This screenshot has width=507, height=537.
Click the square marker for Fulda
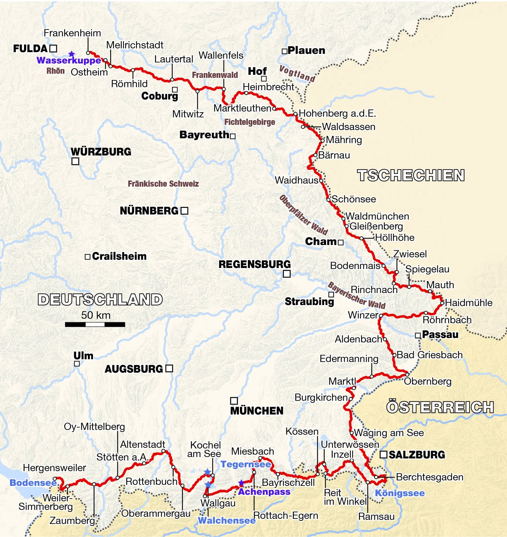pyautogui.click(x=53, y=48)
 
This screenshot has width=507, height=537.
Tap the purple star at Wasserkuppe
pyautogui.click(x=71, y=54)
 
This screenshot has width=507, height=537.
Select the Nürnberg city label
pyautogui.click(x=149, y=211)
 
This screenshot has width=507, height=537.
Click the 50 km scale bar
pyautogui.click(x=95, y=324)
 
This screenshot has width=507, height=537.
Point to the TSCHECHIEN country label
pyautogui.click(x=411, y=175)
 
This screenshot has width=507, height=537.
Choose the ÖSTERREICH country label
pyautogui.click(x=440, y=407)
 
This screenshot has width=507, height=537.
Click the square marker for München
pyautogui.click(x=234, y=401)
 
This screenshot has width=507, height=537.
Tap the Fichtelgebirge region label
pyautogui.click(x=250, y=122)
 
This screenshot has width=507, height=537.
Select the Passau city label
pyautogui.click(x=440, y=335)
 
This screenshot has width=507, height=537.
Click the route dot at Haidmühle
pyautogui.click(x=442, y=303)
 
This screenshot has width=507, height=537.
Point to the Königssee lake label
pyautogui.click(x=400, y=493)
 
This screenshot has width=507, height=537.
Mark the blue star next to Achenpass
pyautogui.click(x=241, y=483)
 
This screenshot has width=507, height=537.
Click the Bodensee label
pyautogui.click(x=33, y=483)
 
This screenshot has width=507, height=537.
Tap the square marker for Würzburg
pyautogui.click(x=75, y=161)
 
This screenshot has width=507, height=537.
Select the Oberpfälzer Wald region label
pyautogui.click(x=303, y=215)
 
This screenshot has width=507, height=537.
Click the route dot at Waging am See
pyautogui.click(x=352, y=433)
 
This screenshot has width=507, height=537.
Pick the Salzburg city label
pyautogui.click(x=417, y=455)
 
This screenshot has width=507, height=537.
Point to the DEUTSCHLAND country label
pyautogui.click(x=100, y=300)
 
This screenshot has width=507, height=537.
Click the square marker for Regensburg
pyautogui.click(x=287, y=273)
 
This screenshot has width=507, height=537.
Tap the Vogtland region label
pyautogui.click(x=297, y=74)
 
